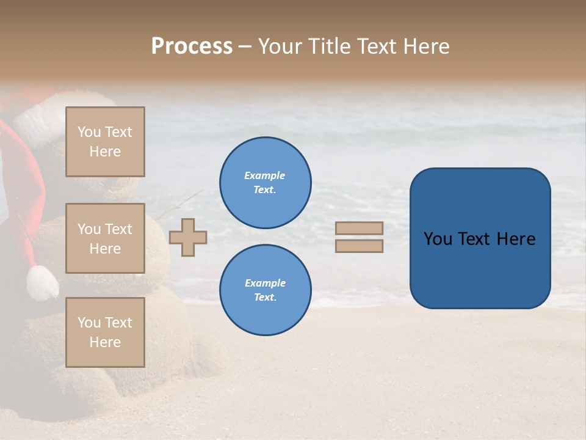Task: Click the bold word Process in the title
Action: click(x=192, y=46)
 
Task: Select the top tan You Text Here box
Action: click(x=105, y=142)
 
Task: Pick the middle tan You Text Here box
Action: click(x=105, y=238)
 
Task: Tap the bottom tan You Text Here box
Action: click(x=105, y=332)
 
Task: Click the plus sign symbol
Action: click(x=188, y=237)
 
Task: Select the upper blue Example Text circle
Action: click(x=265, y=183)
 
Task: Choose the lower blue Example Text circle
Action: click(x=265, y=290)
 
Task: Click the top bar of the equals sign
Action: click(x=359, y=228)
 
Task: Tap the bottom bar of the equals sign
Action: click(x=359, y=246)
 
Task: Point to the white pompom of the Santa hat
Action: click(x=42, y=283)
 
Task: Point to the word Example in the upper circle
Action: click(x=265, y=175)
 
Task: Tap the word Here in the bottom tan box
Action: click(x=105, y=342)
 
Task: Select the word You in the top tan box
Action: click(x=89, y=132)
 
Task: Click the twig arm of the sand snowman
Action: click(x=180, y=204)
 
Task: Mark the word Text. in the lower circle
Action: click(x=265, y=298)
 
